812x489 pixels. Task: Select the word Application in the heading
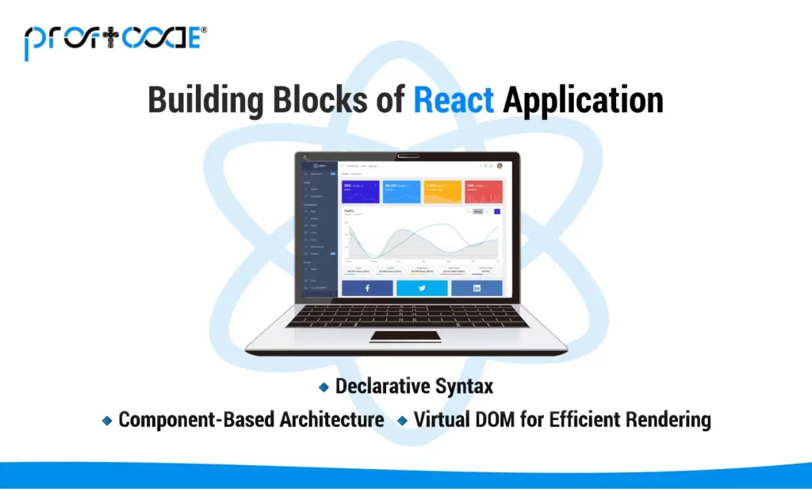pyautogui.click(x=584, y=101)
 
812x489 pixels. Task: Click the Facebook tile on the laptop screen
pyautogui.click(x=367, y=288)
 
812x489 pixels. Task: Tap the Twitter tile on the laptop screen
pyautogui.click(x=422, y=288)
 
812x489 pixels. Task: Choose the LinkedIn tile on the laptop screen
pyautogui.click(x=477, y=288)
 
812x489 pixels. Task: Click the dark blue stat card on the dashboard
pyautogui.click(x=360, y=191)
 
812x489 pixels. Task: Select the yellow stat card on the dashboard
pyautogui.click(x=442, y=191)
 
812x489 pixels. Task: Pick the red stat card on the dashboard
pyautogui.click(x=483, y=191)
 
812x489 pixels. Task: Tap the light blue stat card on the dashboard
pyautogui.click(x=401, y=191)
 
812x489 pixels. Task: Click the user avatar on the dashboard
pyautogui.click(x=500, y=166)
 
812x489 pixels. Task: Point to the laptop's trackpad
pyautogui.click(x=406, y=337)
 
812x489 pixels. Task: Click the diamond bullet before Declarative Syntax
pyautogui.click(x=324, y=387)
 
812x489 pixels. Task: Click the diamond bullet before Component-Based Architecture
pyautogui.click(x=107, y=420)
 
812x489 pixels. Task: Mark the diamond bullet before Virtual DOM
pyautogui.click(x=404, y=420)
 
